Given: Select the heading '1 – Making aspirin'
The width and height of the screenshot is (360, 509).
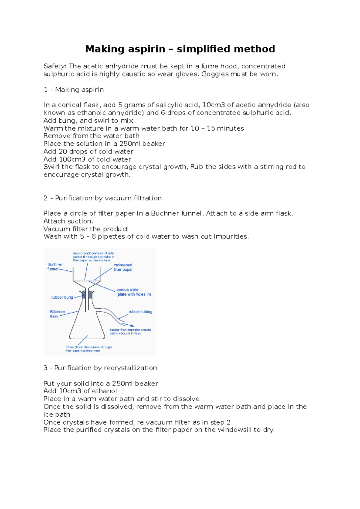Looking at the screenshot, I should tap(73, 90).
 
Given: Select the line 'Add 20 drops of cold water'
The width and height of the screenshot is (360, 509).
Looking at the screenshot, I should tap(88, 151).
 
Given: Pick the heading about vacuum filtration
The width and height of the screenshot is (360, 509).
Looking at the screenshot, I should tap(102, 198).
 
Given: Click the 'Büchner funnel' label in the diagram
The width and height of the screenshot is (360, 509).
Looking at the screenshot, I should tap(55, 267).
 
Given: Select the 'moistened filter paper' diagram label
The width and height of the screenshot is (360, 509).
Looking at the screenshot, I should tap(123, 267).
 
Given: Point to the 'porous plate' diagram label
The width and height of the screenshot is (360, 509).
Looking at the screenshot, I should tap(133, 292).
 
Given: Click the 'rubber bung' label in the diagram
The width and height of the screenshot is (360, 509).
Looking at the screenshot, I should tap(62, 297).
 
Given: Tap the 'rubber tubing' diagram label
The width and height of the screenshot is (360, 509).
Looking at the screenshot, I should tap(140, 312).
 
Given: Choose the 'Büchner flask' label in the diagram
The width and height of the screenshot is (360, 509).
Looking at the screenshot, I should tap(57, 314).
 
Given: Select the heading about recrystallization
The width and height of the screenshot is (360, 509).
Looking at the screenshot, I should tap(100, 368).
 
